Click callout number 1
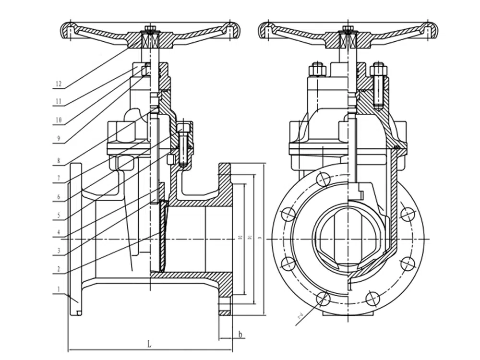pyautogui.click(x=59, y=289)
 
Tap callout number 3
pyautogui.click(x=59, y=250)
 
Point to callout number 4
pyautogui.click(x=59, y=232)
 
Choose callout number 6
pyautogui.click(x=59, y=196)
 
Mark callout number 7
pyautogui.click(x=59, y=178)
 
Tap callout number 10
pyautogui.click(x=59, y=120)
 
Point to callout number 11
pyautogui.click(x=59, y=101)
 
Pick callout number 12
pyautogui.click(x=59, y=84)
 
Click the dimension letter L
pyautogui.click(x=149, y=344)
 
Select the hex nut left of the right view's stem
pyautogui.click(x=317, y=70)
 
